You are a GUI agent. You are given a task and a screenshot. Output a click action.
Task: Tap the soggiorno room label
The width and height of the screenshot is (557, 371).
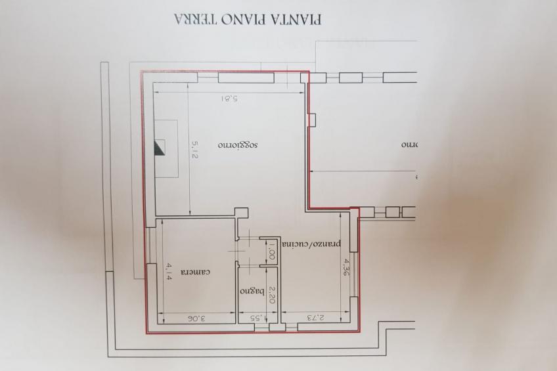[238, 143]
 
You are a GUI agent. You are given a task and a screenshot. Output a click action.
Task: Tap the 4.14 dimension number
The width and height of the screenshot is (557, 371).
[169, 271]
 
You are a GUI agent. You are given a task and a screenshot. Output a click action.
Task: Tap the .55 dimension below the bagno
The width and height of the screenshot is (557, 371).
[256, 318]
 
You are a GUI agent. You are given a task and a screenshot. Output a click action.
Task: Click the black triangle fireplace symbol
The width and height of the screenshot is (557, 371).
[158, 147]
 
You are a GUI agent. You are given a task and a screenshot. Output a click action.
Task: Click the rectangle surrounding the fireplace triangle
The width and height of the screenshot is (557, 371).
[167, 148]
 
